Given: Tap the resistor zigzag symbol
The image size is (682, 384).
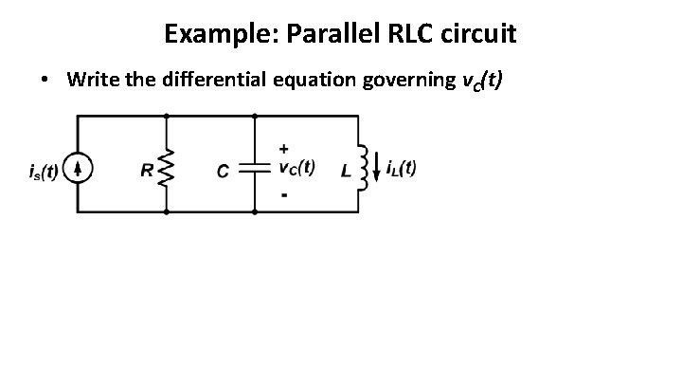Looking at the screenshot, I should tap(167, 171).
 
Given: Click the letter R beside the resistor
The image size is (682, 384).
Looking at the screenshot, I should tap(146, 172).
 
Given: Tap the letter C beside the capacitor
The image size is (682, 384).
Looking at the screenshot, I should tap(222, 172).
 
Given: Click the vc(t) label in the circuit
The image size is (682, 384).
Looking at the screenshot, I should tap(297, 169).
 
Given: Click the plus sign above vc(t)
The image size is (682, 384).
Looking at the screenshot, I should tap(285, 148).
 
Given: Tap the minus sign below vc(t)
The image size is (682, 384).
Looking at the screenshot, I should tap(285, 195).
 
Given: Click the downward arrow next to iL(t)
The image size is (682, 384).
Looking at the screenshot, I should tap(379, 169).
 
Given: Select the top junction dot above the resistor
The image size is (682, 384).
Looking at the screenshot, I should tap(167, 116).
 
